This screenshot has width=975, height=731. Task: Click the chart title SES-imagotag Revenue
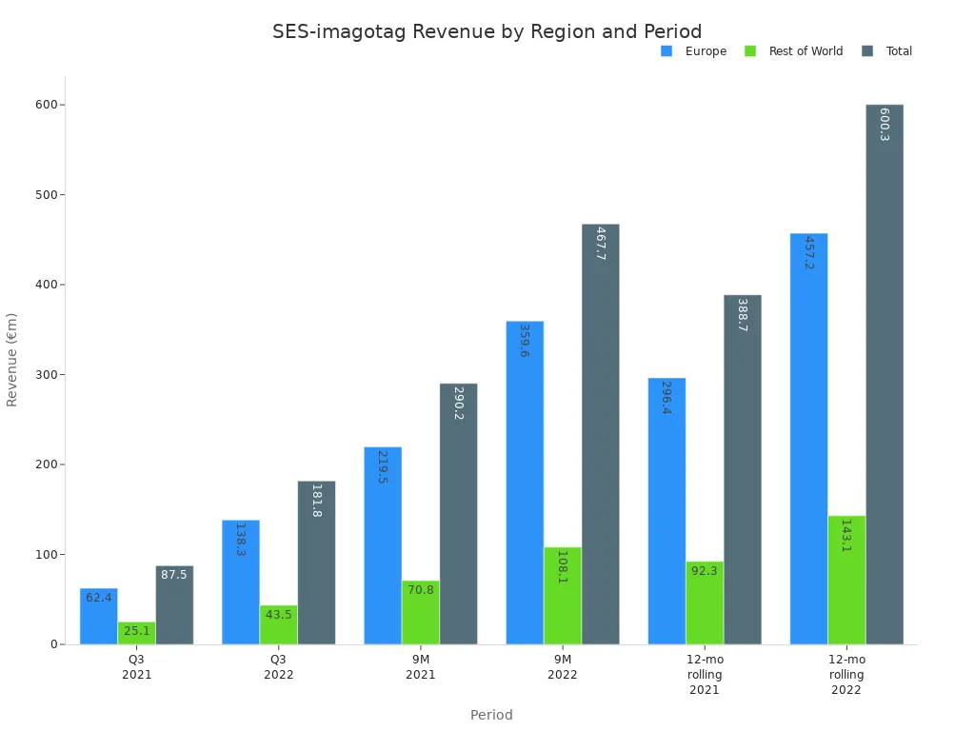point(487,32)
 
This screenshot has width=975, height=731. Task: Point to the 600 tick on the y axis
point(45,105)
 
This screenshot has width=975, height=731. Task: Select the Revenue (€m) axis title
point(12,360)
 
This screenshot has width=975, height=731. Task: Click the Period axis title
point(491,715)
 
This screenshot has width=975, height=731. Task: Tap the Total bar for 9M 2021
point(458,514)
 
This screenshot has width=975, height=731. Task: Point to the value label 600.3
point(884,125)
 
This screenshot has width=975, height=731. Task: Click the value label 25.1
point(136,631)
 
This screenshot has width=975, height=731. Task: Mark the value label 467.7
point(600,244)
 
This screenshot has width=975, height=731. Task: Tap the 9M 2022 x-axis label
point(562,667)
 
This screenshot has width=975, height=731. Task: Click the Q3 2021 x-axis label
point(136,667)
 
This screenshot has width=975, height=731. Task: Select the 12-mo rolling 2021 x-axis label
point(705,675)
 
